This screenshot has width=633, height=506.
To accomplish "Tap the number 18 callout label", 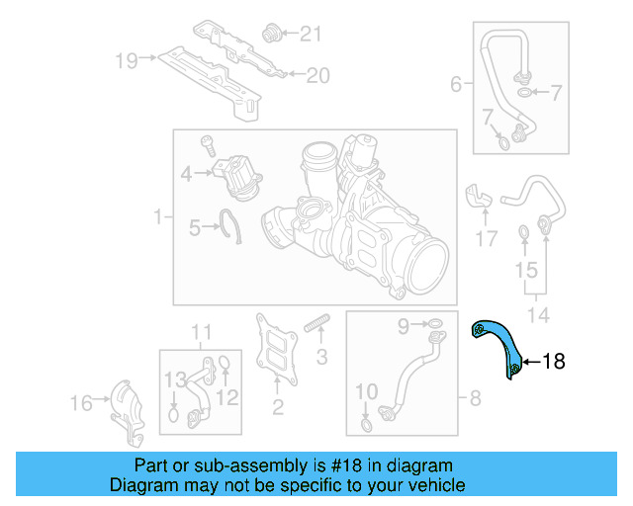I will click(x=554, y=363).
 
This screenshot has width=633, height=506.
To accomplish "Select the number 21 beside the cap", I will click(x=311, y=35).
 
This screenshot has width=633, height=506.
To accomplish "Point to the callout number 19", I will click(x=126, y=60).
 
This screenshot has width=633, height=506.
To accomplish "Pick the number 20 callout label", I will click(x=316, y=74).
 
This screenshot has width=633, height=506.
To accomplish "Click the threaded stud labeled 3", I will click(x=317, y=325).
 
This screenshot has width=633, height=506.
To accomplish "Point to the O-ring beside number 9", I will click(x=434, y=324).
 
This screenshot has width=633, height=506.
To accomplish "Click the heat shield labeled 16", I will click(x=126, y=406).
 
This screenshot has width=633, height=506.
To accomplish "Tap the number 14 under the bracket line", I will click(x=535, y=315).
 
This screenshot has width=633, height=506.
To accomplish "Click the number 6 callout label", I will click(x=456, y=85).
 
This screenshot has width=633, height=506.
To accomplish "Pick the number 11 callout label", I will click(x=201, y=330).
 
